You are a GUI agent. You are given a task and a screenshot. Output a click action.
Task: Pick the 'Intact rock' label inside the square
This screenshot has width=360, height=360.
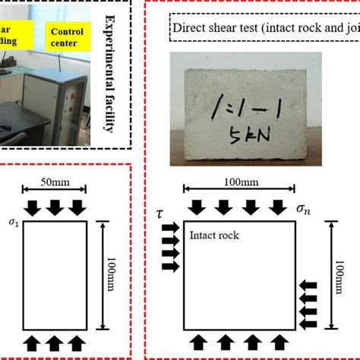tap(214, 235)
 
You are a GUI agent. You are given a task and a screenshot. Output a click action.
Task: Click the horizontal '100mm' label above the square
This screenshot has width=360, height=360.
tap(241, 182)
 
